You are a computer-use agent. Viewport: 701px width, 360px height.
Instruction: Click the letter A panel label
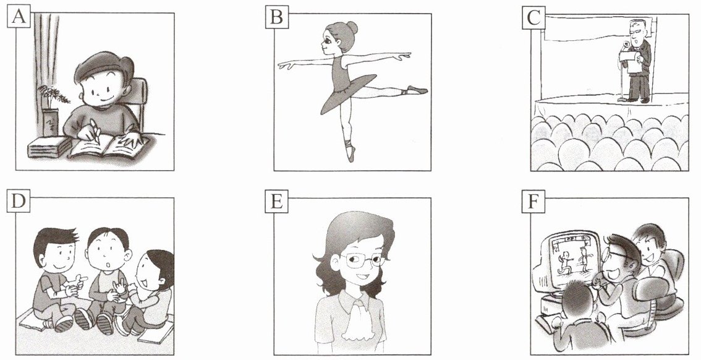19,17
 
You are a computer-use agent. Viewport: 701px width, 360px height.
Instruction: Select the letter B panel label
277,17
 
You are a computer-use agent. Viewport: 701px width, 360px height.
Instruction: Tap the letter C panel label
533,17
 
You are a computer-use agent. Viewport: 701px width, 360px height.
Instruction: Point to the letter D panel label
19,202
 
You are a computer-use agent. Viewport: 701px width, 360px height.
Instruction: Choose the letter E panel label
277,202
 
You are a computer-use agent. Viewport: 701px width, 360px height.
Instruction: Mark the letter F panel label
533,202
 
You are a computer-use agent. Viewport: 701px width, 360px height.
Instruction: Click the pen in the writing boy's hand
95,132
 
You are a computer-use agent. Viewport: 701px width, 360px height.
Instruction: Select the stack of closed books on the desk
49,146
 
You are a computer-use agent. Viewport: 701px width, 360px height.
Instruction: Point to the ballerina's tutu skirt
349,90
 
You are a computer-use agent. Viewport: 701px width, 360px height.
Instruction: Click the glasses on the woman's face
362,260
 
